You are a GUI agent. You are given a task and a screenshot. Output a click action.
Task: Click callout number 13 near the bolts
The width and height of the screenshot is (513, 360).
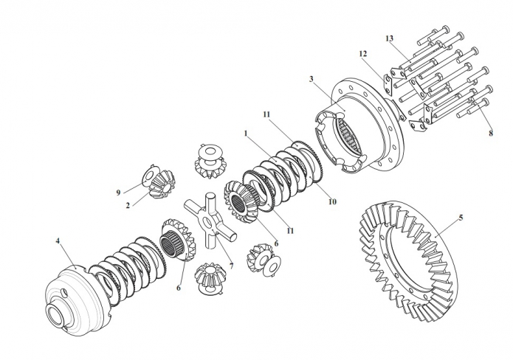coord(390,38)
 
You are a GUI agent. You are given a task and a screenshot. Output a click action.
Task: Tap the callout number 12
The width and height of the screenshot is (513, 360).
coord(363,54)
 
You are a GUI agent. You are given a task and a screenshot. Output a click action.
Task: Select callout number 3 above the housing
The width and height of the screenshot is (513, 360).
coord(312,78)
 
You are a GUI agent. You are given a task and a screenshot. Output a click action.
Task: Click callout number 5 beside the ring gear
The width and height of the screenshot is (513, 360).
coord(461,218)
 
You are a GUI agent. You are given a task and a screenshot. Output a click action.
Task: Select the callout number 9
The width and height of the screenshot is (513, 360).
coord(117,193)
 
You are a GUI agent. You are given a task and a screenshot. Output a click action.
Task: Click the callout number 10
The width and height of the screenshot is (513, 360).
coord(332,201)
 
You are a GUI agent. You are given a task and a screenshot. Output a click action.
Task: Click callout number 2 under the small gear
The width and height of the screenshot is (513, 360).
coord(128,206)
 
